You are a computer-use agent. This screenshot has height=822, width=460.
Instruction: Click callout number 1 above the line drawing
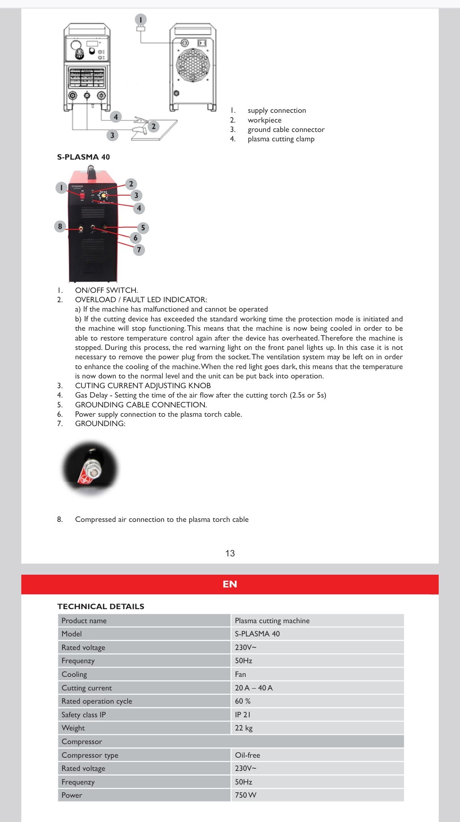coord(141,20)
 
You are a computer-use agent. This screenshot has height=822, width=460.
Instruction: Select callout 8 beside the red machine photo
coord(60,226)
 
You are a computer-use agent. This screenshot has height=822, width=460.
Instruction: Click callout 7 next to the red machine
coord(139,250)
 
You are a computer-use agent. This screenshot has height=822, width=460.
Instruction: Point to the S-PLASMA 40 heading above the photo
coord(83,157)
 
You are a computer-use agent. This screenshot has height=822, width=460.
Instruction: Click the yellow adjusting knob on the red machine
coord(103,196)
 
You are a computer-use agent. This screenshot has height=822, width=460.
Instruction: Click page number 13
coord(230,553)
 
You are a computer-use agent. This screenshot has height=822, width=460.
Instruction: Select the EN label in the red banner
coord(230,584)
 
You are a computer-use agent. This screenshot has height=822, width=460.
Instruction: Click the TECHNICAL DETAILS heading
coord(101,607)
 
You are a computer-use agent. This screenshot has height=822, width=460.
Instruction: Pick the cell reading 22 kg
coord(244,728)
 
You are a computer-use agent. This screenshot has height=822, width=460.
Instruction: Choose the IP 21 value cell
coord(243,715)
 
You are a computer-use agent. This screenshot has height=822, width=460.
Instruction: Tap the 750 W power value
coord(246,795)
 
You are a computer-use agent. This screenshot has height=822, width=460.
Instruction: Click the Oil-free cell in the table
coord(247,755)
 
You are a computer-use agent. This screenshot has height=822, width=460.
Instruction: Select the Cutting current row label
coord(87,688)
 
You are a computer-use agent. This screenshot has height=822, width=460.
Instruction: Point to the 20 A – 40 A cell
coord(254,688)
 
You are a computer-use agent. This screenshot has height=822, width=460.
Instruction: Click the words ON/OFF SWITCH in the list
coord(106,290)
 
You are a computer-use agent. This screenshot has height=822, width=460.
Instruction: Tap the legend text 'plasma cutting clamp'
coord(281,139)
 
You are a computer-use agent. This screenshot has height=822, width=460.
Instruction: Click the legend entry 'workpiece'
coord(264,120)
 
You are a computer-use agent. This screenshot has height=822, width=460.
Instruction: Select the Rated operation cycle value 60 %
coord(243,701)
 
